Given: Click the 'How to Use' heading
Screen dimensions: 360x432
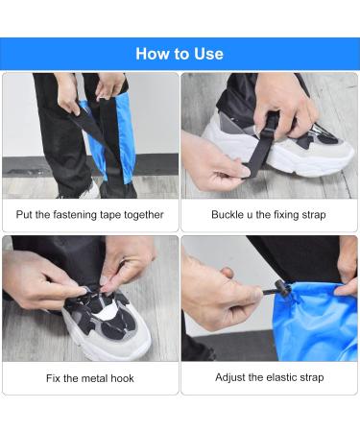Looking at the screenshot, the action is click(x=180, y=54).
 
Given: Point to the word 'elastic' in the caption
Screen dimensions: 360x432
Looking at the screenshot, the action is click(x=281, y=377).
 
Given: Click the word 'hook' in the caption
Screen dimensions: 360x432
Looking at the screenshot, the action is click(x=122, y=378).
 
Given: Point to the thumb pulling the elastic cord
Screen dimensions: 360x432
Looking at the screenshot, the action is click(x=228, y=273).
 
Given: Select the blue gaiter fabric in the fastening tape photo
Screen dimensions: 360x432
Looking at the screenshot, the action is click(x=127, y=141).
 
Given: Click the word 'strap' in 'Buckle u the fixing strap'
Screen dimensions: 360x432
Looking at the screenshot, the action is click(x=313, y=215).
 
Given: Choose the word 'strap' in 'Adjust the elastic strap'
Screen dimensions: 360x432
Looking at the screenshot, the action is click(x=312, y=378).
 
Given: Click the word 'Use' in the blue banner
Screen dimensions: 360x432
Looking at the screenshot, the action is click(x=208, y=54).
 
